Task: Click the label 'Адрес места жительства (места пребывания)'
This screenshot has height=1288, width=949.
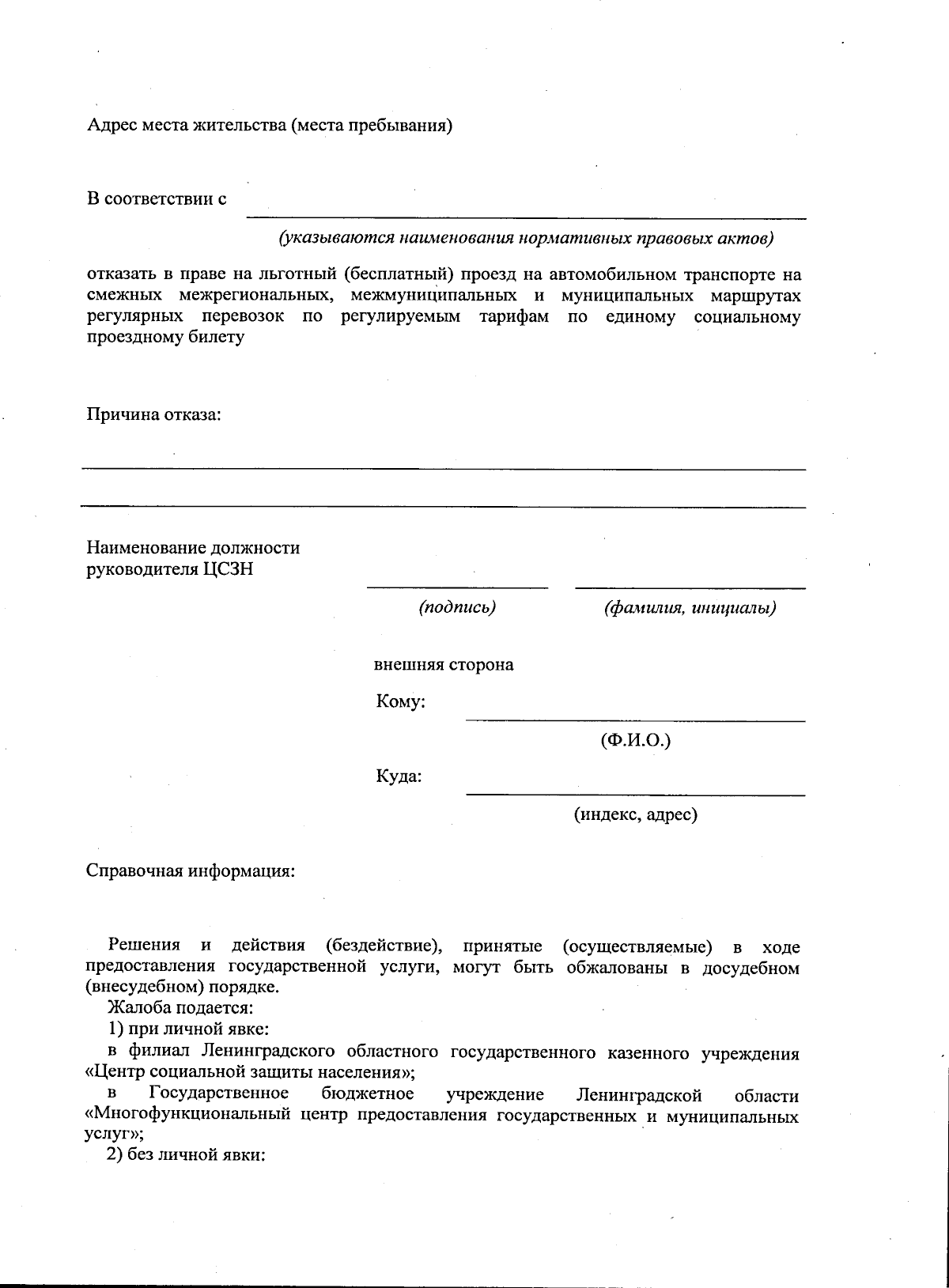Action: [x=269, y=126]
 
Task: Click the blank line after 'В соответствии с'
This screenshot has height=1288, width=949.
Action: [x=526, y=216]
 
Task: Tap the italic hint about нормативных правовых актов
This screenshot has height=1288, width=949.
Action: [x=524, y=238]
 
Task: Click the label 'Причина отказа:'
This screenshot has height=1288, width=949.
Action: [x=153, y=414]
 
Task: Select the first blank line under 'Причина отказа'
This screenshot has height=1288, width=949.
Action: [x=443, y=469]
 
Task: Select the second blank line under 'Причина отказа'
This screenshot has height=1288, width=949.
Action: [x=443, y=507]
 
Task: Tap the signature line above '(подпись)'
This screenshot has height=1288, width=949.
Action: [x=457, y=587]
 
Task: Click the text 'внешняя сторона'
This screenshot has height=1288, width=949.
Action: [x=443, y=664]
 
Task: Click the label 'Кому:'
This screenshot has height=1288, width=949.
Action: [x=401, y=701]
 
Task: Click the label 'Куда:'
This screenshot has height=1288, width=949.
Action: [x=399, y=776]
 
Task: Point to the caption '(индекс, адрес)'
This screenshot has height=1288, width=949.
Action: [x=636, y=814]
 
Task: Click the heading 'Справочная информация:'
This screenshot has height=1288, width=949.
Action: [x=190, y=871]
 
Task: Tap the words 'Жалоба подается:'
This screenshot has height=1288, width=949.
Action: [x=180, y=1009]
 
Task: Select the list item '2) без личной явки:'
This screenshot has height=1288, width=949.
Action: [x=185, y=1154]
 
